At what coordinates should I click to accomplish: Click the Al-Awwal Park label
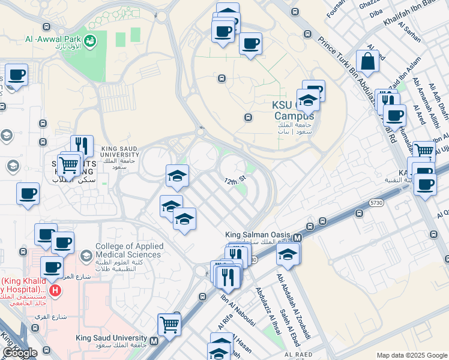(x=52, y=40)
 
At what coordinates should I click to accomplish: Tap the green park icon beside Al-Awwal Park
(x=91, y=41)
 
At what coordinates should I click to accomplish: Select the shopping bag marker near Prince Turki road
(x=367, y=61)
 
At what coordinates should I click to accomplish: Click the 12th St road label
(x=236, y=180)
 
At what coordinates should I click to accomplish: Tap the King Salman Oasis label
(x=258, y=235)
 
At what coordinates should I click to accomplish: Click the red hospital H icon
(x=55, y=291)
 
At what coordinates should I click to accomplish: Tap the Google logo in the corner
(x=19, y=353)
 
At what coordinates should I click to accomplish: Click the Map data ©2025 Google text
(x=411, y=355)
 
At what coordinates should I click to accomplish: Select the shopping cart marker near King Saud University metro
(x=169, y=325)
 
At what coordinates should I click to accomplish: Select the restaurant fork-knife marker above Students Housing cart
(x=82, y=146)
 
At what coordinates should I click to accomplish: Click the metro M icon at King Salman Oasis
(x=297, y=238)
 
